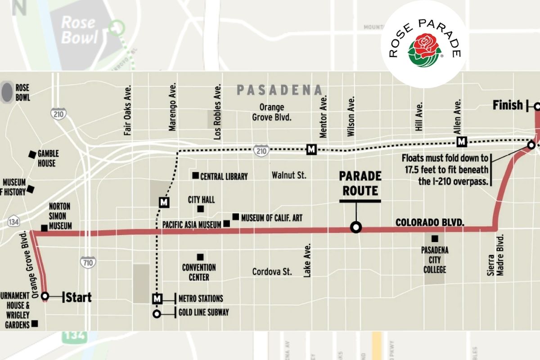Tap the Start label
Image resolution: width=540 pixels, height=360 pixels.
79,297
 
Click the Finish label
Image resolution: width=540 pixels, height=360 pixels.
508,106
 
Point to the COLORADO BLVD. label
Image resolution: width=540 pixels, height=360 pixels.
429,222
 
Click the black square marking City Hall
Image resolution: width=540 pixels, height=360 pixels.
200,209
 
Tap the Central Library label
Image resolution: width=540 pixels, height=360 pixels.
224,176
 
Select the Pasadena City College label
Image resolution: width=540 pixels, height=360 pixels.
434,260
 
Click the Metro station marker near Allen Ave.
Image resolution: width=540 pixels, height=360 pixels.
461,142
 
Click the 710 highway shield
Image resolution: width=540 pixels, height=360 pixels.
87,261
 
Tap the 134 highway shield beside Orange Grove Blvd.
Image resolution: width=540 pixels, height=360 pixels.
13,222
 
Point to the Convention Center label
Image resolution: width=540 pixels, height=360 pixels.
199,272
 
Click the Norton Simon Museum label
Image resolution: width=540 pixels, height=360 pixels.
60,216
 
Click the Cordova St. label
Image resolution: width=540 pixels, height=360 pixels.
272,272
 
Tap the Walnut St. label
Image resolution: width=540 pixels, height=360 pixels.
288,175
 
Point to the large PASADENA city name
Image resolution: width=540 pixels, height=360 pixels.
279,90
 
